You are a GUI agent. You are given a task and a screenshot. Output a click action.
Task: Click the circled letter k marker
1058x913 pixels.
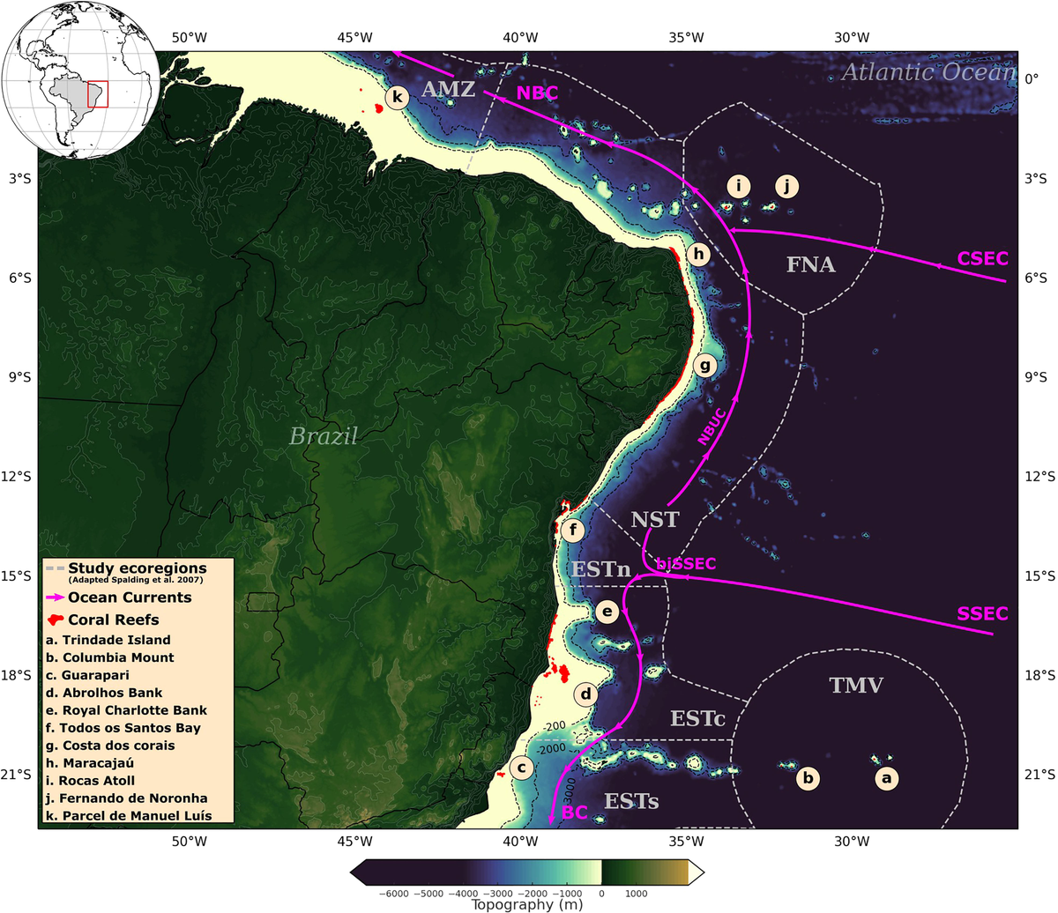(397, 97)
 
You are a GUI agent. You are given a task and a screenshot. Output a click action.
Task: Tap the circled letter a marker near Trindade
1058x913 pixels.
(887, 778)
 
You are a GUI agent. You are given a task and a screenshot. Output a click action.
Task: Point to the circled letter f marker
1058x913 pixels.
(573, 530)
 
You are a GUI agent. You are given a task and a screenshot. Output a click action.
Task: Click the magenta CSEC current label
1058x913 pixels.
(982, 257)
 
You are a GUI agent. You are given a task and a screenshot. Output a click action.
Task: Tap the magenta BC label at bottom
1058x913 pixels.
(574, 813)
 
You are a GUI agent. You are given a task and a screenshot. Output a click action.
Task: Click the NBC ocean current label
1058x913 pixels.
(537, 92)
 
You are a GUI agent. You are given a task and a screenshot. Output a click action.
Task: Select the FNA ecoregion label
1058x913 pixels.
(810, 264)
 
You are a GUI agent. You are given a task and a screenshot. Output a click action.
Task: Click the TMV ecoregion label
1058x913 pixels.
(855, 685)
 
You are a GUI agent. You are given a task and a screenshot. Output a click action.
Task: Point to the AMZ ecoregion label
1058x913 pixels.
(448, 89)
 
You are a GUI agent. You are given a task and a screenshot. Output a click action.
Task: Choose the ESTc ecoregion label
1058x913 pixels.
(697, 718)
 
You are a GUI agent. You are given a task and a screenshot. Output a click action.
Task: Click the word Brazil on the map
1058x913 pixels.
(324, 435)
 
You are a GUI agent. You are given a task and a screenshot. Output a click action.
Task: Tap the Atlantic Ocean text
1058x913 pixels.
(928, 72)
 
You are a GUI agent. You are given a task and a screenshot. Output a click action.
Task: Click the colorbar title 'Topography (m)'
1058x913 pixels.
(525, 903)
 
